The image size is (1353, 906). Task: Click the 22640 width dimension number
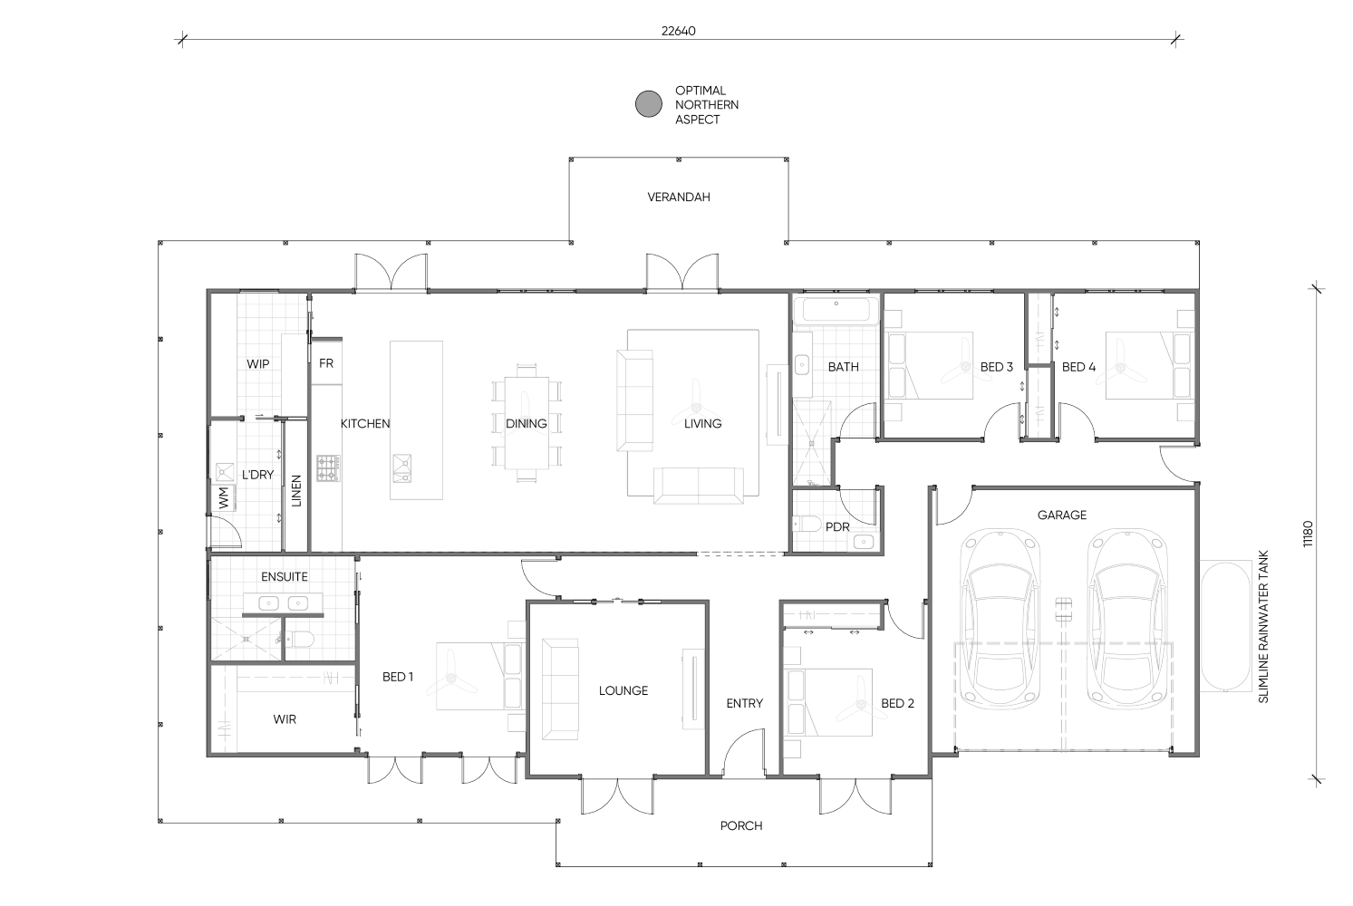click(x=678, y=31)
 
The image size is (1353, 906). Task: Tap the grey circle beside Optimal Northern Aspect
click(x=649, y=104)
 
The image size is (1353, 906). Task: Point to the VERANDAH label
click(x=679, y=197)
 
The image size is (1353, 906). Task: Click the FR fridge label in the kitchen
click(x=326, y=363)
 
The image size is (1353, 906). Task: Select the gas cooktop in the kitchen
click(x=328, y=468)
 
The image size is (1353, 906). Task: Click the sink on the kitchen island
click(x=401, y=468)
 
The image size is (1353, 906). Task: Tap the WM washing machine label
click(x=224, y=497)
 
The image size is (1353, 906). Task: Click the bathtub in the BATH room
click(x=836, y=311)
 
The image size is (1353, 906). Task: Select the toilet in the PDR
click(x=807, y=523)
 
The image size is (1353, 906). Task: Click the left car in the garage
click(x=1000, y=619)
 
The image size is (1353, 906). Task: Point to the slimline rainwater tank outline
click(x=1225, y=626)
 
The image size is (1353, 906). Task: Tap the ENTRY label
click(x=744, y=703)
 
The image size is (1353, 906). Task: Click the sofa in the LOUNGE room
click(x=560, y=689)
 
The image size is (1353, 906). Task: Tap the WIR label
click(x=285, y=719)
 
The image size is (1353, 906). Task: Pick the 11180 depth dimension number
click(x=1308, y=534)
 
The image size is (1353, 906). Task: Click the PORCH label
click(x=741, y=825)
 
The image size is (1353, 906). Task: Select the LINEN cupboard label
click(x=296, y=490)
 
